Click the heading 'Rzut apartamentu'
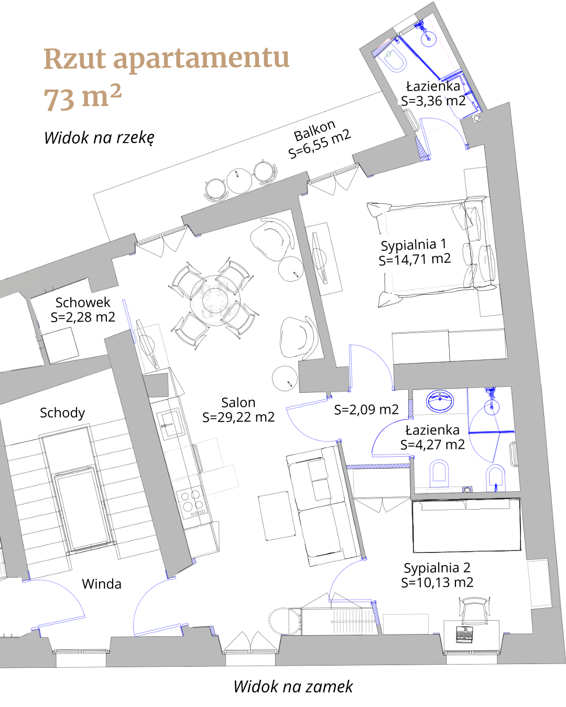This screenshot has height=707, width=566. click(x=167, y=59)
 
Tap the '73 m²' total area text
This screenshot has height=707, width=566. click(x=83, y=97)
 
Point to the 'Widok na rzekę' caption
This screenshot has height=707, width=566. click(x=99, y=138)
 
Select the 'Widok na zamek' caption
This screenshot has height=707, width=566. click(x=293, y=687)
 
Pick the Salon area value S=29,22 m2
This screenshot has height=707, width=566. click(x=238, y=417)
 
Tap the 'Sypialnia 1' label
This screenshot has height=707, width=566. click(x=413, y=245)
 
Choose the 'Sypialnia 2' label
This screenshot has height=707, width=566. click(x=437, y=568)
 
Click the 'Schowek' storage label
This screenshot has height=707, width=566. click(x=83, y=302)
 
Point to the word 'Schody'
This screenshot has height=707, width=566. click(x=62, y=413)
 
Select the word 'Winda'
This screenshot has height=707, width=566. click(x=102, y=584)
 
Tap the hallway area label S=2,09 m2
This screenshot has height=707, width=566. click(x=366, y=410)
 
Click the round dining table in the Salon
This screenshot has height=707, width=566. click(x=215, y=300)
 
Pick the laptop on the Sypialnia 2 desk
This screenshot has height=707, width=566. click(x=465, y=634)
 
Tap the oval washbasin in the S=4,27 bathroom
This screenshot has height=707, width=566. click(x=440, y=401)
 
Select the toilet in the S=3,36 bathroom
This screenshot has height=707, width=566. click(x=395, y=62)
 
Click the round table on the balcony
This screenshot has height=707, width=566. click(x=240, y=181)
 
